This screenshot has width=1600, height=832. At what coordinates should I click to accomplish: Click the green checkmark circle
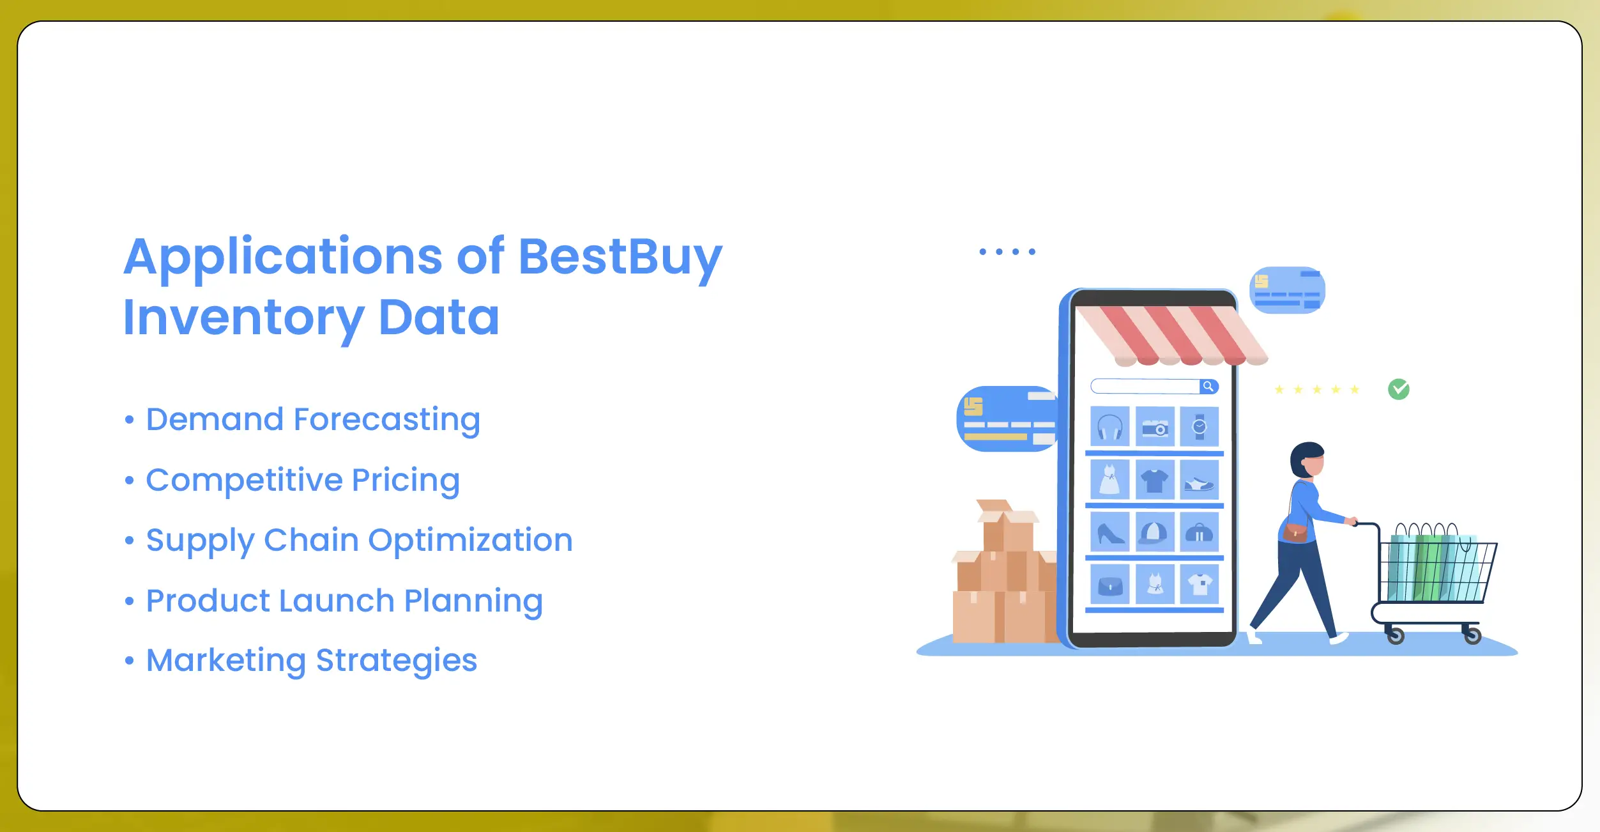1398,389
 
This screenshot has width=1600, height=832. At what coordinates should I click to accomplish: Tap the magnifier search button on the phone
1208,387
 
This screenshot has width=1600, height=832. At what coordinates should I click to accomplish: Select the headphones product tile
1109,426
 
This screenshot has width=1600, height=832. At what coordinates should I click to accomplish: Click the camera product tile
1155,426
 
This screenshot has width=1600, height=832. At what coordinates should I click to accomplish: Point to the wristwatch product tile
1200,426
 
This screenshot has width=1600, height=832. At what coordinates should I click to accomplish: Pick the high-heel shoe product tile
1109,532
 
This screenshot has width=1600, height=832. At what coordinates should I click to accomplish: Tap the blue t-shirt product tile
1155,479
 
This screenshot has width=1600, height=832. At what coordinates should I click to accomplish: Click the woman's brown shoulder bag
1295,533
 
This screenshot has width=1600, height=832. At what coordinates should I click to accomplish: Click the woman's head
1307,460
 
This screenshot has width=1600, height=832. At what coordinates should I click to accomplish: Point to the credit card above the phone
1287,290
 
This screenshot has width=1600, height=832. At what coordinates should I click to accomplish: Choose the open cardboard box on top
1007,525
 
